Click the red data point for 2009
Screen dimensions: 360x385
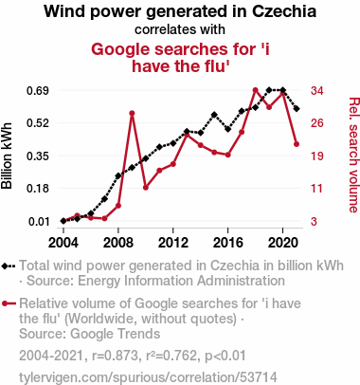click(x=132, y=113)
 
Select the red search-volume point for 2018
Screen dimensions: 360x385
click(x=256, y=90)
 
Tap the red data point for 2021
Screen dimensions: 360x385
click(x=297, y=144)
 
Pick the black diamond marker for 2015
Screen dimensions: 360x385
click(x=214, y=115)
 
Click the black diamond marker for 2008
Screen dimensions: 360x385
click(x=118, y=175)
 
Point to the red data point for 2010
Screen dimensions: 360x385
click(x=146, y=188)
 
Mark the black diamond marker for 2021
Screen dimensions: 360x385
click(x=297, y=109)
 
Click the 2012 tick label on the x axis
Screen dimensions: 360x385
click(x=173, y=243)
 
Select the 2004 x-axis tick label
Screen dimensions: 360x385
click(x=63, y=243)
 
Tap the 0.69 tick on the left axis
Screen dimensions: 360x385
click(x=38, y=91)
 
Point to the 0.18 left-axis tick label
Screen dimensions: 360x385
click(x=38, y=189)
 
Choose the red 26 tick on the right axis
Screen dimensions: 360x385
click(x=317, y=123)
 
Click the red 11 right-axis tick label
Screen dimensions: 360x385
click(x=317, y=189)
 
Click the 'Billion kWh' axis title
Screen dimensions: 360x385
click(x=7, y=156)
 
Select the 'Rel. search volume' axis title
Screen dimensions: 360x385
click(x=353, y=156)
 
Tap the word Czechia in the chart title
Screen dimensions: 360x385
click(x=284, y=11)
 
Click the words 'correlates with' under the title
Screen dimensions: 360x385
click(x=180, y=29)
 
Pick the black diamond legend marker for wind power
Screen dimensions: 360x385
click(x=9, y=266)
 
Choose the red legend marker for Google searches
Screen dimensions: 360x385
click(x=9, y=303)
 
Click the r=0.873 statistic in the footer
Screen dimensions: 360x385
click(x=116, y=356)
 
